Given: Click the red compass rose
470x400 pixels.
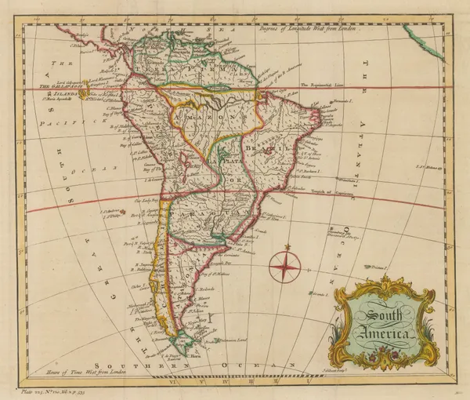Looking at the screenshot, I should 283,266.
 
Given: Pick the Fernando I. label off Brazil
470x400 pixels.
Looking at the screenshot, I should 339,103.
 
